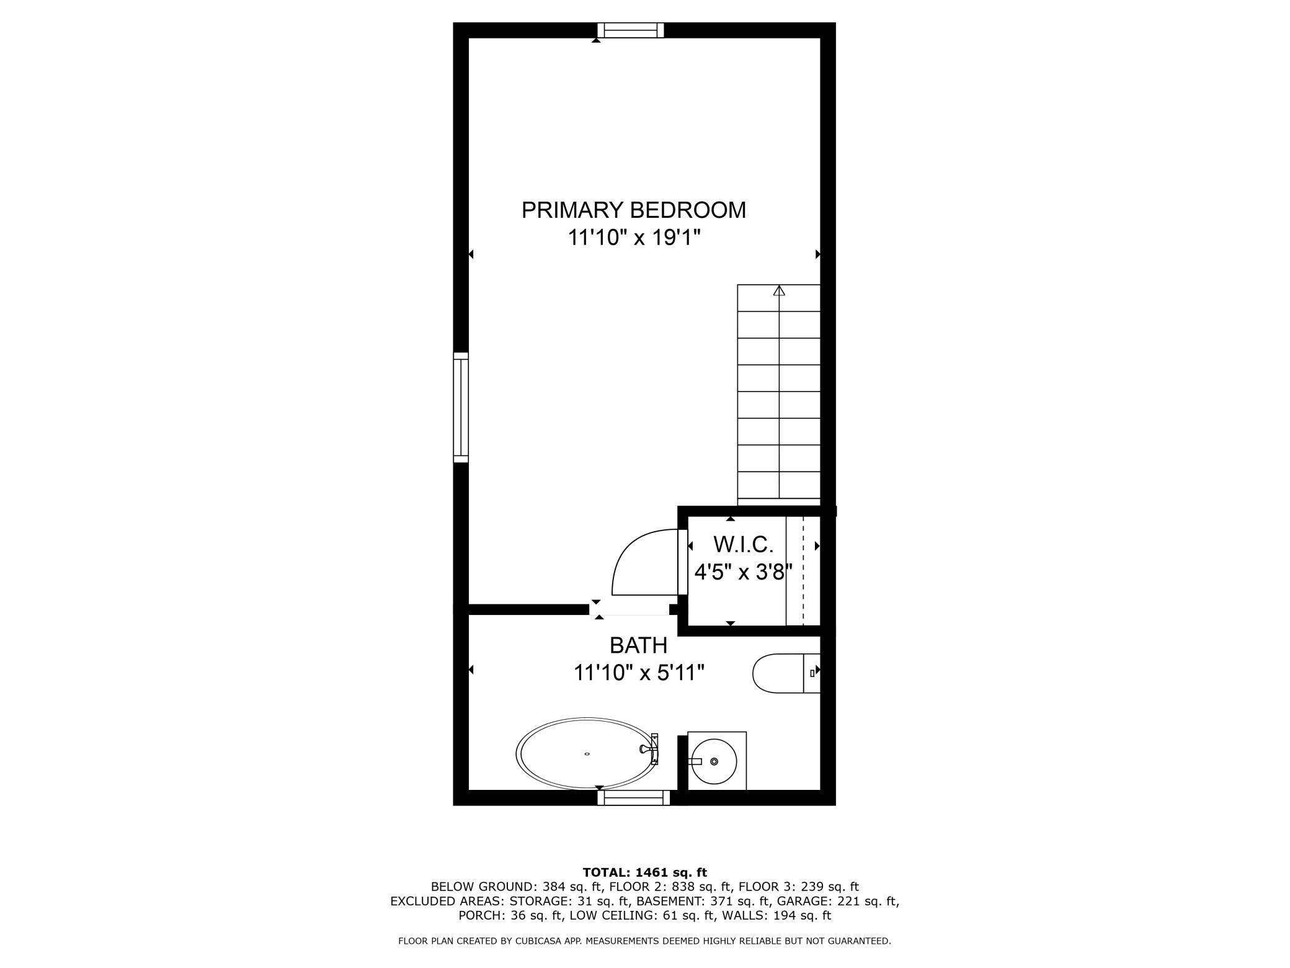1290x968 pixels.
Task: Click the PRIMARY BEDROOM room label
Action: pyautogui.click(x=633, y=210)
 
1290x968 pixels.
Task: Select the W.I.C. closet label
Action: pyautogui.click(x=743, y=545)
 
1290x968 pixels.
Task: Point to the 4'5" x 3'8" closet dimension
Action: pyautogui.click(x=743, y=571)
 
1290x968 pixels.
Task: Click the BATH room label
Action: pyautogui.click(x=638, y=646)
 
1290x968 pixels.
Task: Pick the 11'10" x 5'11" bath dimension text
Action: pyautogui.click(x=639, y=673)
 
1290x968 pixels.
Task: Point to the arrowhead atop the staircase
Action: pyautogui.click(x=779, y=290)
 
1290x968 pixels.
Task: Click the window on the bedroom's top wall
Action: pyautogui.click(x=631, y=30)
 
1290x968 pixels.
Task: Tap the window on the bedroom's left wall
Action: pyautogui.click(x=461, y=407)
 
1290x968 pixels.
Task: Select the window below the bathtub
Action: pyautogui.click(x=633, y=798)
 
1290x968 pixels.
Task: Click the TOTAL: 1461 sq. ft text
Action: pyautogui.click(x=644, y=872)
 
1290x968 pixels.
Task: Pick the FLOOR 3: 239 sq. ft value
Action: pyautogui.click(x=799, y=887)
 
